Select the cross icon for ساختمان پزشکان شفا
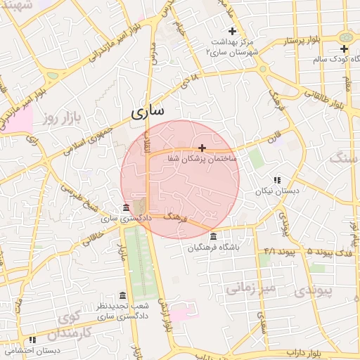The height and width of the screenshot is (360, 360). pyautogui.click(x=202, y=148)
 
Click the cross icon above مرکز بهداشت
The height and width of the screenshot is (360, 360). pyautogui.click(x=232, y=30)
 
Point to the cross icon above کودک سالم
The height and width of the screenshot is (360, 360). pyautogui.click(x=344, y=49)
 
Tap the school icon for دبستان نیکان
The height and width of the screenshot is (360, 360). pyautogui.click(x=276, y=180)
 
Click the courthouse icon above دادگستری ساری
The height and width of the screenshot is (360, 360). pyautogui.click(x=126, y=208)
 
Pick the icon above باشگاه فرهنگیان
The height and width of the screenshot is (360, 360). pyautogui.click(x=213, y=236)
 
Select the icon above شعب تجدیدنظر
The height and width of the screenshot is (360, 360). pyautogui.click(x=123, y=295)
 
